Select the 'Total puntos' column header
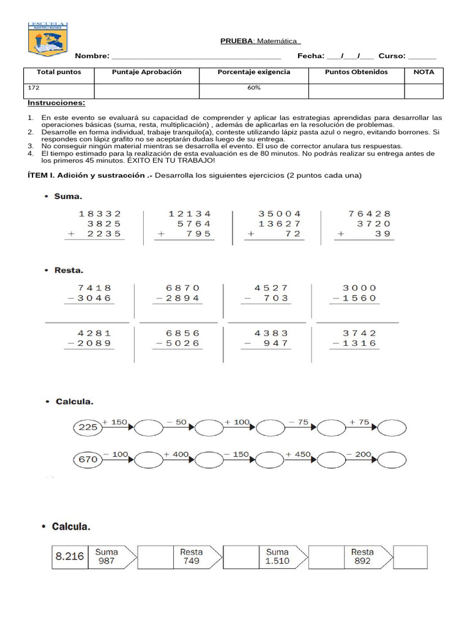pyautogui.click(x=59, y=72)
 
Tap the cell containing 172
pyautogui.click(x=33, y=88)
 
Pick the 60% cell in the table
pyautogui.click(x=253, y=88)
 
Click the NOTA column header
pyautogui.click(x=423, y=72)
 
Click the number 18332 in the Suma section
pyautogui.click(x=100, y=214)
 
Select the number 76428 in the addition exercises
pyautogui.click(x=369, y=214)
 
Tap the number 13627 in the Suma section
pyautogui.click(x=280, y=223)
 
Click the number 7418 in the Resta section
pyautogui.click(x=95, y=288)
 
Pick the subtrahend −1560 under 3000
pyautogui.click(x=354, y=298)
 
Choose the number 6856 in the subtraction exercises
pyautogui.click(x=183, y=333)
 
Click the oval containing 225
pyautogui.click(x=88, y=427)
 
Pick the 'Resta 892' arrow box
pyautogui.click(x=364, y=557)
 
